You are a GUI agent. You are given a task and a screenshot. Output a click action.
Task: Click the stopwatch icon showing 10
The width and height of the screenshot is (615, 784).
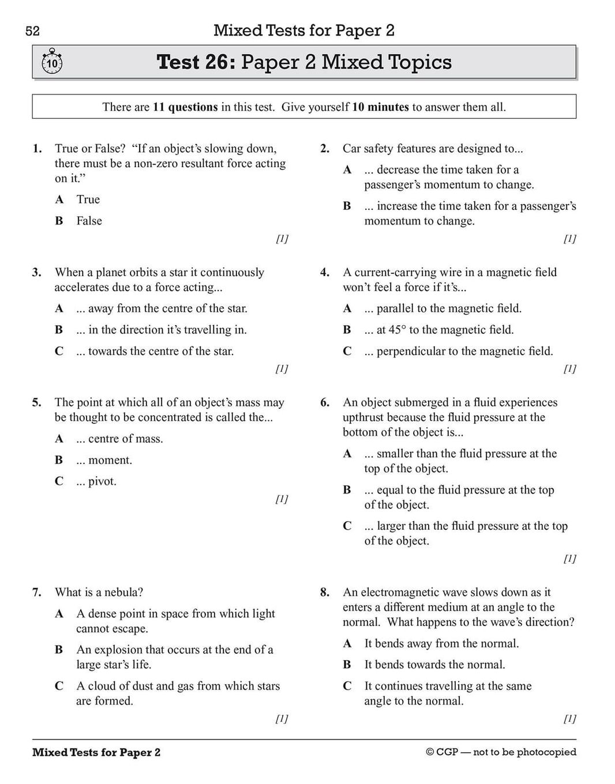point(52,62)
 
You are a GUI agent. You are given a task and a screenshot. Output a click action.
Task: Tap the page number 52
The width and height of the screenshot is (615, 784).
point(33,31)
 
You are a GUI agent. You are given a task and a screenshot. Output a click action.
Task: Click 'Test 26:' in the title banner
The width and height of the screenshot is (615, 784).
point(196,62)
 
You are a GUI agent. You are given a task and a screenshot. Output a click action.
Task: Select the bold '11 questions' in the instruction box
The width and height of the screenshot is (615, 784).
point(185,107)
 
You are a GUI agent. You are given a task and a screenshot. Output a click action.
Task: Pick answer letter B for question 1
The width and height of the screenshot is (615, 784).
point(59,221)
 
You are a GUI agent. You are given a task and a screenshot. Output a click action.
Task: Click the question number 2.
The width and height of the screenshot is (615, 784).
point(325,149)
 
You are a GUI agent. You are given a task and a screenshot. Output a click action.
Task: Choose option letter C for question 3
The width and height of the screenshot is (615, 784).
point(59,351)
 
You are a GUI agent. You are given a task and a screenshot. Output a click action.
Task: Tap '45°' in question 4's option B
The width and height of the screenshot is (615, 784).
point(397,330)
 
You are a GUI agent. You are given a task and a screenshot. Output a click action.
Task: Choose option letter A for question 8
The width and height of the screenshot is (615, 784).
point(347,643)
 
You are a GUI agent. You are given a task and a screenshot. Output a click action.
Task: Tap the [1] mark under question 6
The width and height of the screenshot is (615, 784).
point(569,558)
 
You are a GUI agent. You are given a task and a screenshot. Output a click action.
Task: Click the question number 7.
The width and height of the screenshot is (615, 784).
point(37,592)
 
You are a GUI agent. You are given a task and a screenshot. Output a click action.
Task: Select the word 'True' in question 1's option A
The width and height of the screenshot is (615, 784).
point(88,199)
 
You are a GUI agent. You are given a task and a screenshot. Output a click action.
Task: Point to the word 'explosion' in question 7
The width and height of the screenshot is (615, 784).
point(117,650)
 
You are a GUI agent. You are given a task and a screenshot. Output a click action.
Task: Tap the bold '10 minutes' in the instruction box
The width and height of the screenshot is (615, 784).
point(380,107)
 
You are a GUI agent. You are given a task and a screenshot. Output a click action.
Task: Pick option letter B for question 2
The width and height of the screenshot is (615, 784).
point(347,206)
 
